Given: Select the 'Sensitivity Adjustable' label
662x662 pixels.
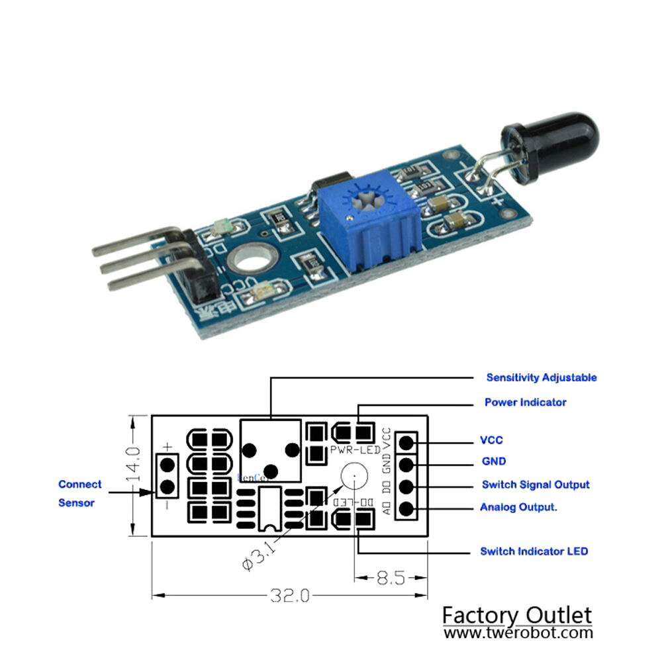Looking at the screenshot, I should click(541, 377).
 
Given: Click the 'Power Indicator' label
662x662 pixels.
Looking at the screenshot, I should click(525, 402).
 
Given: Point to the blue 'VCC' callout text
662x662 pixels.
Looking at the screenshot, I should click(491, 440).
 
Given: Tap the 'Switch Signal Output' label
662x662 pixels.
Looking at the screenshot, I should click(535, 485).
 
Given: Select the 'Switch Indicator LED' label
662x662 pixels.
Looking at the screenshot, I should click(534, 551).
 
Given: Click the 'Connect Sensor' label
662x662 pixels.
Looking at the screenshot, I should click(79, 493).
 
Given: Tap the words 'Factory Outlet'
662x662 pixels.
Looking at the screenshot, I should click(516, 615).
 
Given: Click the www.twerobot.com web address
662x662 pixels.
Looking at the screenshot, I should click(518, 632).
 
